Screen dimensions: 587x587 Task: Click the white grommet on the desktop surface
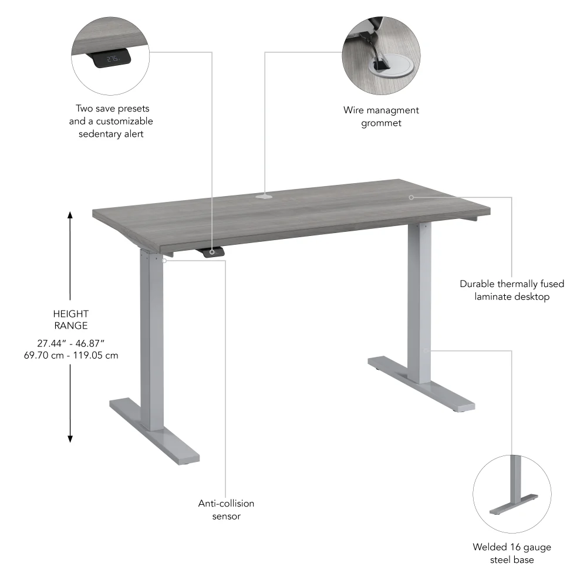coord(264,196)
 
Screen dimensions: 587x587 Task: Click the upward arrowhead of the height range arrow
coord(70,215)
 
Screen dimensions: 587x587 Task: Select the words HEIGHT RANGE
coord(70,319)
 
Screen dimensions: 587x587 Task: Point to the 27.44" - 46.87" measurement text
coord(70,343)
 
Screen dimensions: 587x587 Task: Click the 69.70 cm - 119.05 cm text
coord(70,356)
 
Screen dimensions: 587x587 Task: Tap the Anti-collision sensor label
coord(226,510)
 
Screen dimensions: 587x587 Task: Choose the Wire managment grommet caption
coord(381,116)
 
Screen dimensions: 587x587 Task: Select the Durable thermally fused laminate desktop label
coord(512,290)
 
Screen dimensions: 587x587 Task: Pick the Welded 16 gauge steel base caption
coord(512,554)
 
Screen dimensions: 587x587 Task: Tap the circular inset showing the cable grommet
coord(381,56)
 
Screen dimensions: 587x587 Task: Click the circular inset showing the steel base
coord(512,492)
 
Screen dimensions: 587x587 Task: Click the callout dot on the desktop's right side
coord(411,197)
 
